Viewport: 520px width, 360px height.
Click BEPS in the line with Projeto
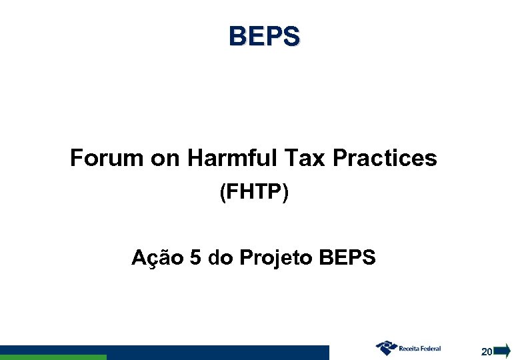point(348,257)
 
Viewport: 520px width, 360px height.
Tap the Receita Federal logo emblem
point(386,348)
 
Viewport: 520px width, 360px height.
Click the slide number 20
point(487,351)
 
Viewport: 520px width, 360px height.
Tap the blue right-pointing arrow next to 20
point(501,351)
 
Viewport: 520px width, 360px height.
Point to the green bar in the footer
point(53,357)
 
